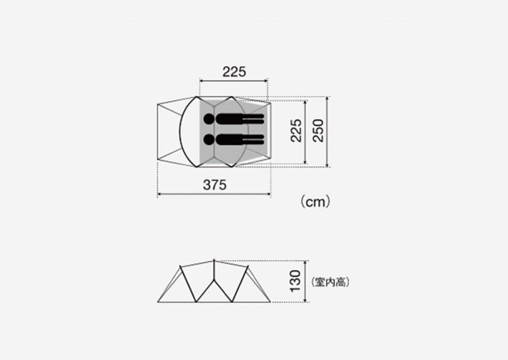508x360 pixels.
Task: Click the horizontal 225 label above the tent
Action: click(234, 72)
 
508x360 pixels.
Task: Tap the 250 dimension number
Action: click(318, 131)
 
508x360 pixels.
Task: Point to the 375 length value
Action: click(214, 185)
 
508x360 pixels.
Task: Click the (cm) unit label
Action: click(315, 202)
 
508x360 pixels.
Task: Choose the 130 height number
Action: click(295, 281)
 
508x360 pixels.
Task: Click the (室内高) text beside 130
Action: click(330, 282)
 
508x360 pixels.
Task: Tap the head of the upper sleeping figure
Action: click(209, 118)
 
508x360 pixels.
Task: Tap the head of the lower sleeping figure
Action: click(209, 140)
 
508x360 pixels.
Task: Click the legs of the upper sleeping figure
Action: click(253, 118)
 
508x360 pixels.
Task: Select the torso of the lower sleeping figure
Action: click(229, 140)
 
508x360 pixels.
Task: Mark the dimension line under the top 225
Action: click(234, 80)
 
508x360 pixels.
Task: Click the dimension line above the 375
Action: click(214, 193)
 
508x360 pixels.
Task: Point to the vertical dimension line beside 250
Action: click(327, 132)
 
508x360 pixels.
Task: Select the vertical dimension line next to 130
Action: click(306, 281)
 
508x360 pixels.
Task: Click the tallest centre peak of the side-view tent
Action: click(214, 260)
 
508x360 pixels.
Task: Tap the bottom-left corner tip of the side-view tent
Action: click(158, 302)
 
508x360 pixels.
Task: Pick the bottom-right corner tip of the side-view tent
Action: click(270, 302)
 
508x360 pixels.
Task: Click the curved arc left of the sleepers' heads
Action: click(182, 132)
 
